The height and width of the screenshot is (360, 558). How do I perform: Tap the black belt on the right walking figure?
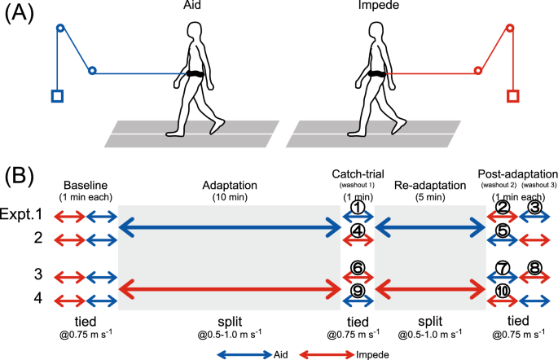pyautogui.click(x=375, y=75)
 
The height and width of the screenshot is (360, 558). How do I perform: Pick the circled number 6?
pyautogui.click(x=357, y=267)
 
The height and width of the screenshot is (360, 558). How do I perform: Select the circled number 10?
pyautogui.click(x=503, y=291)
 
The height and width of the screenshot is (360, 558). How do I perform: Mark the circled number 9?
pyautogui.click(x=357, y=291)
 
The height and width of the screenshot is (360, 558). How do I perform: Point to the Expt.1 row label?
pyautogui.click(x=25, y=217)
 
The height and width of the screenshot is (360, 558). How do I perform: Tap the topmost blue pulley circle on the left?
pyautogui.click(x=59, y=29)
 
